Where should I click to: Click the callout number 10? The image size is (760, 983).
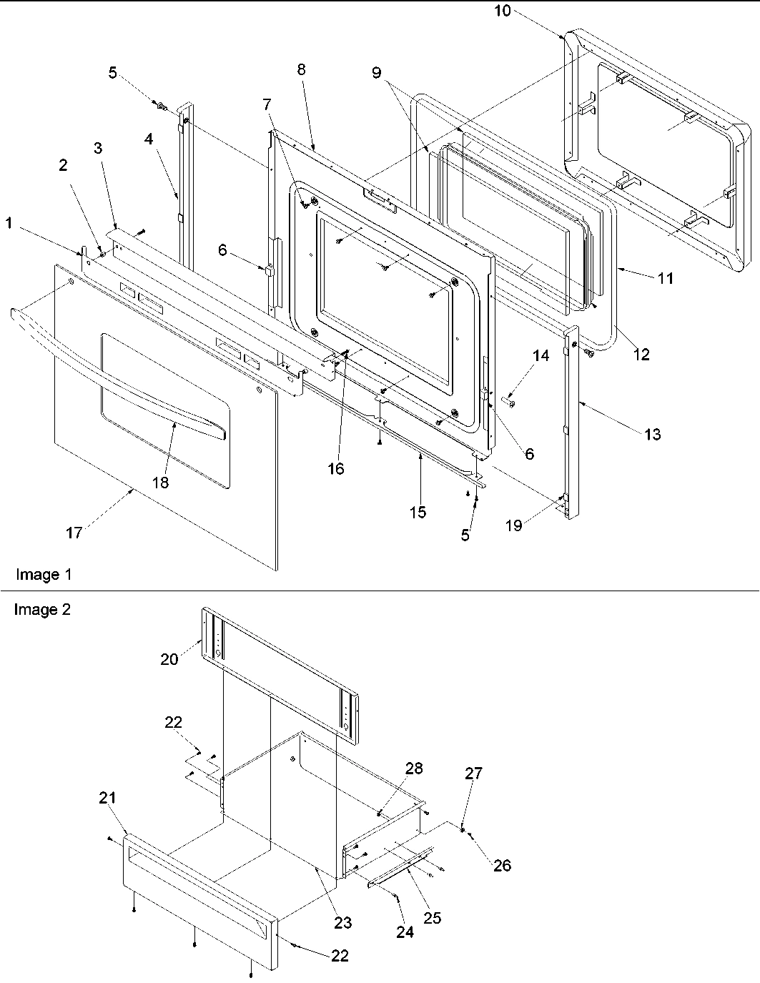point(503,11)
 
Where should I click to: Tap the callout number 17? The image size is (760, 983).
point(74,532)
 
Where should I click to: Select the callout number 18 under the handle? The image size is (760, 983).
point(160,483)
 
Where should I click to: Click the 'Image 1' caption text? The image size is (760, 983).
point(43,574)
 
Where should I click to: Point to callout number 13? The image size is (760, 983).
point(652,434)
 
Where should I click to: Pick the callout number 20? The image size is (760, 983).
point(169,658)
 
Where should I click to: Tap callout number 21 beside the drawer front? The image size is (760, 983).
point(107,798)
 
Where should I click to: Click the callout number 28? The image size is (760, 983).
point(414,769)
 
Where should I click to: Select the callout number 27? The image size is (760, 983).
point(473,773)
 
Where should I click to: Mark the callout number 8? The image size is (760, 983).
point(301,69)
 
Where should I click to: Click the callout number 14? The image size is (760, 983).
point(541,355)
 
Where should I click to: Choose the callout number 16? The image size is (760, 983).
point(335,468)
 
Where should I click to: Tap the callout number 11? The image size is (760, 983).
point(665,279)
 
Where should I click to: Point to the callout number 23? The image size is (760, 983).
point(343,922)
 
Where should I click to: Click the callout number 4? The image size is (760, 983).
point(149,139)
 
